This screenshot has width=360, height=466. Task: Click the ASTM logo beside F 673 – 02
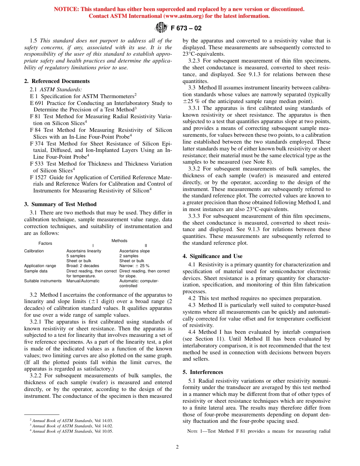click(161, 28)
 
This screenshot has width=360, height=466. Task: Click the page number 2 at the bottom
click(177, 447)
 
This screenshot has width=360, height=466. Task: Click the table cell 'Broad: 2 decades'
click(83, 266)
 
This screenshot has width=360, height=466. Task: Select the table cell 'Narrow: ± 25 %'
click(134, 266)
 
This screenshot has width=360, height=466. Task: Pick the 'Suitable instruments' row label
click(42, 281)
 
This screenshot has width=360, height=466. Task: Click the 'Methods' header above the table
click(119, 241)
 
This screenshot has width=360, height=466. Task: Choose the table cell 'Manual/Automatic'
click(83, 281)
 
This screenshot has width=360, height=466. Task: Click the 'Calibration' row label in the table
click(34, 251)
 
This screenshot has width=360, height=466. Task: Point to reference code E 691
click(37, 103)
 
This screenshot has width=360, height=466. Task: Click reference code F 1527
click(38, 177)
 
